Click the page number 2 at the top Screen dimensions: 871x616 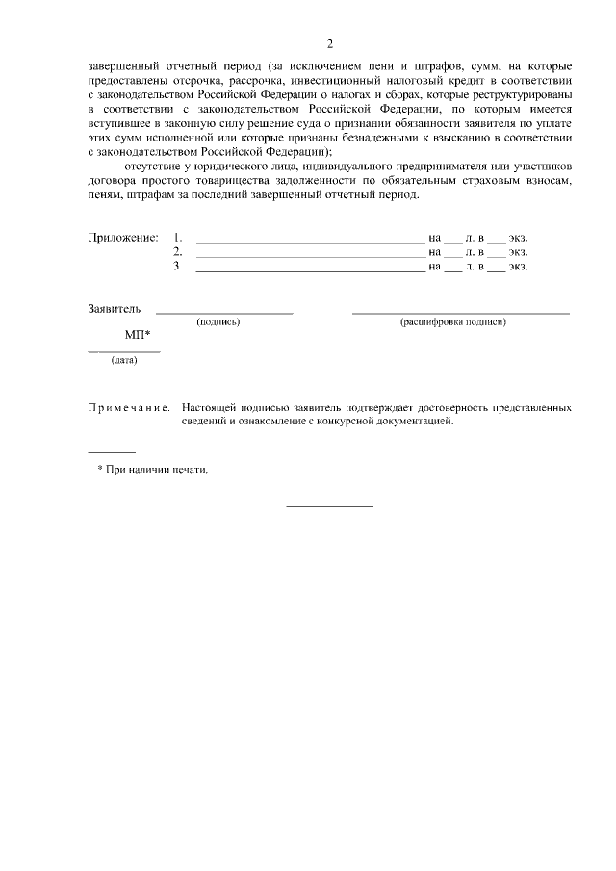[x=329, y=43]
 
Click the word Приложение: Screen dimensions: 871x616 [x=122, y=237]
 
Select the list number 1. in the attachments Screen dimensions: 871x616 [x=177, y=237]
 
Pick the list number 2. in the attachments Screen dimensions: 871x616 [x=177, y=251]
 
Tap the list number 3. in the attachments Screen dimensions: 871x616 [x=177, y=266]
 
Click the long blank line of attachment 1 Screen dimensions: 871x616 [x=309, y=241]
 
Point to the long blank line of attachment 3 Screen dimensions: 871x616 [x=309, y=270]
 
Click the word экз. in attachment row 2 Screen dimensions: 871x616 [x=519, y=251]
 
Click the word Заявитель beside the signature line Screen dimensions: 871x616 [x=115, y=309]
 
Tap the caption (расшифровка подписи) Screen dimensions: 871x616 [x=452, y=322]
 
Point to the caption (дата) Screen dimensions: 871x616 [x=124, y=361]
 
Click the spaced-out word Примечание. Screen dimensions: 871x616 [x=129, y=408]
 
